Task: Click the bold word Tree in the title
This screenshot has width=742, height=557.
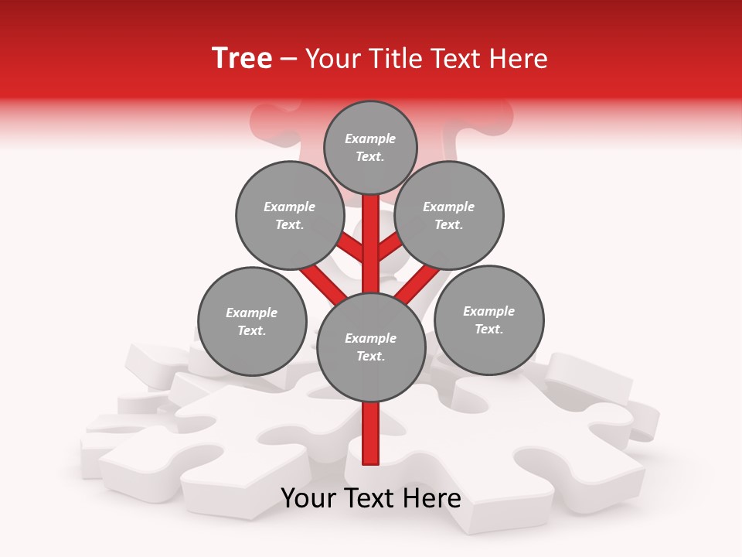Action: tap(242, 59)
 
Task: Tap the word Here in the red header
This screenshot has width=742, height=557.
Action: tap(519, 59)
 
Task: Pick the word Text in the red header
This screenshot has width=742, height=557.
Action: tap(457, 59)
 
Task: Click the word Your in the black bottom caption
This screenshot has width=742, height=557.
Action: tap(309, 498)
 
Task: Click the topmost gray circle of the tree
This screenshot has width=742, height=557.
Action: tap(370, 147)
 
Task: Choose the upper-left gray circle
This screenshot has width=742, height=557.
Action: tap(290, 215)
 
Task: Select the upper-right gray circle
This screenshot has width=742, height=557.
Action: tap(449, 215)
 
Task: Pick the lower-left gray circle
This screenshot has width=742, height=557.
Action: tap(252, 321)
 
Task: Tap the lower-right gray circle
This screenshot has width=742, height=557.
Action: tap(488, 320)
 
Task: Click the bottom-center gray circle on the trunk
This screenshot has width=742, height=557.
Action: tap(371, 347)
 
